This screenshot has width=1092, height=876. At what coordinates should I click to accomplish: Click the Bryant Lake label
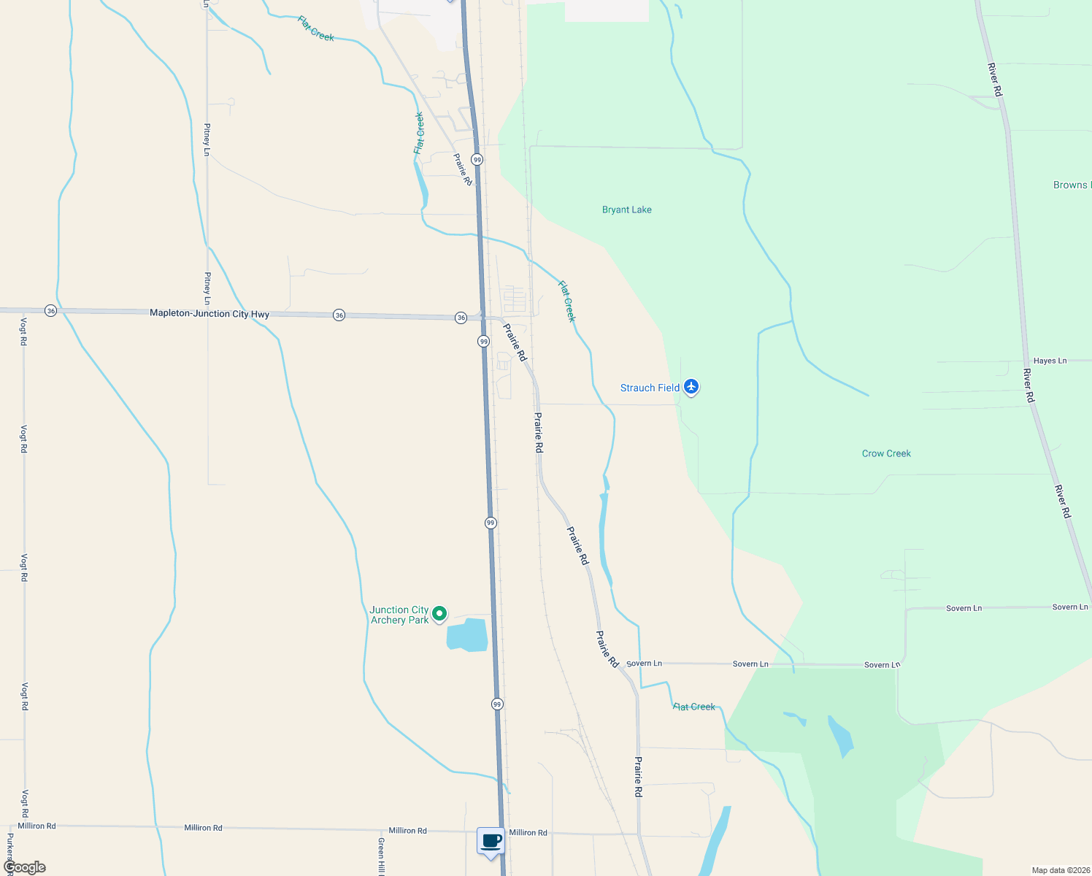coord(626,210)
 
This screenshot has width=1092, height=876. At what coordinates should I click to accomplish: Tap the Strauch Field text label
coord(650,388)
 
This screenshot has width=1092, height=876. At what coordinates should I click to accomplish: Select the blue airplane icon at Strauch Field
coord(691,386)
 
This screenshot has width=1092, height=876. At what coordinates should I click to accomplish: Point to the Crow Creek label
coord(886,453)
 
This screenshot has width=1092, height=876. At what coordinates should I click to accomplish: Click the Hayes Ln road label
coord(1050,361)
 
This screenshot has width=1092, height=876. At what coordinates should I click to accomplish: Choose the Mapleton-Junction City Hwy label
coord(209,313)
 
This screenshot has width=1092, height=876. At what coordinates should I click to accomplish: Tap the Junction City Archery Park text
coord(399,615)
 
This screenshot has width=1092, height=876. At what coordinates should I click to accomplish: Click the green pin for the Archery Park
coord(439,614)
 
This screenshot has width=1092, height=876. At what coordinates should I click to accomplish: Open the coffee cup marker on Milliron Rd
coord(491,841)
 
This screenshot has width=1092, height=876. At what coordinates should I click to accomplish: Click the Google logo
coord(25,867)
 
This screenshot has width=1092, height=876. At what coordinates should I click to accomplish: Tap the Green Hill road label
coord(381,856)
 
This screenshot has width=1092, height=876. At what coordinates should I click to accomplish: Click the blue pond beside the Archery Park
coord(467,634)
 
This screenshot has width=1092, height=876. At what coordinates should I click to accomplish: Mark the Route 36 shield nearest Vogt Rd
coord(50,311)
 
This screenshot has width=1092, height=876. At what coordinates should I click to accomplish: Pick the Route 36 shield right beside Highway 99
coord(461,318)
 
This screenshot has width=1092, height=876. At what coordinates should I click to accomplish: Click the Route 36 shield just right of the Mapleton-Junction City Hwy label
coord(339,315)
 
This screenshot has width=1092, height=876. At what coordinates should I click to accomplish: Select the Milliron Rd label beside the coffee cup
coord(528,832)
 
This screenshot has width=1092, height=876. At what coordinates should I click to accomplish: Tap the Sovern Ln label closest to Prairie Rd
coord(645,664)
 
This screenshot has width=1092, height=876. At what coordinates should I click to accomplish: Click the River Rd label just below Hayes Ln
coord(1028,385)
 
